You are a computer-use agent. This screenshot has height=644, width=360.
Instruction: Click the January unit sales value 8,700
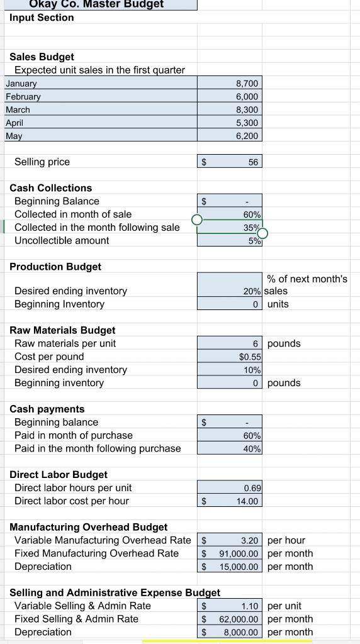coord(247,84)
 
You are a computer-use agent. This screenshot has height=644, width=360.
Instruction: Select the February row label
coord(23,97)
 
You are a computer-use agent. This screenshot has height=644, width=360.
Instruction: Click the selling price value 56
coord(253,162)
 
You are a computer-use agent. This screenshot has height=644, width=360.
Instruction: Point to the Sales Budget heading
coord(42,57)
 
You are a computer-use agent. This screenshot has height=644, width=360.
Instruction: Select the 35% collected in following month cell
coord(252,228)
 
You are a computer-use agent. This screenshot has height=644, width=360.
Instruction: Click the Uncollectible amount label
coord(62,241)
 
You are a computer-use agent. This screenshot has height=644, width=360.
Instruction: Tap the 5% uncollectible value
coord(254,241)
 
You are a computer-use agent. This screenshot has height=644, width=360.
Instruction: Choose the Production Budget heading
coord(55,267)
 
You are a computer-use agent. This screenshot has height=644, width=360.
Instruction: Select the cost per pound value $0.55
coord(250,357)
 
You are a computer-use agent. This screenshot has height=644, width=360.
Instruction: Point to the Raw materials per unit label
coord(65,343)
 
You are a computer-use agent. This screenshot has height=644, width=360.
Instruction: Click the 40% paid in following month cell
coord(252,449)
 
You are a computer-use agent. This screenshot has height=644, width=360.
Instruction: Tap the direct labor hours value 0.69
coord(252,488)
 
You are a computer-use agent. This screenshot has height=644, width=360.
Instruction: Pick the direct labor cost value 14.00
coord(247,501)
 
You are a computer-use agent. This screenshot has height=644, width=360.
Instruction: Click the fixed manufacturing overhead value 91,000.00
coord(239,553)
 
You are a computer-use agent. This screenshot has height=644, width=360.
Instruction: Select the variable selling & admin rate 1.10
coord(250,606)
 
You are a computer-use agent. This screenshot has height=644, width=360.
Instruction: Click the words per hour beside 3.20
coord(286,540)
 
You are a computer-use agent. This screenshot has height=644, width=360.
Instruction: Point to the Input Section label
coord(42,18)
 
